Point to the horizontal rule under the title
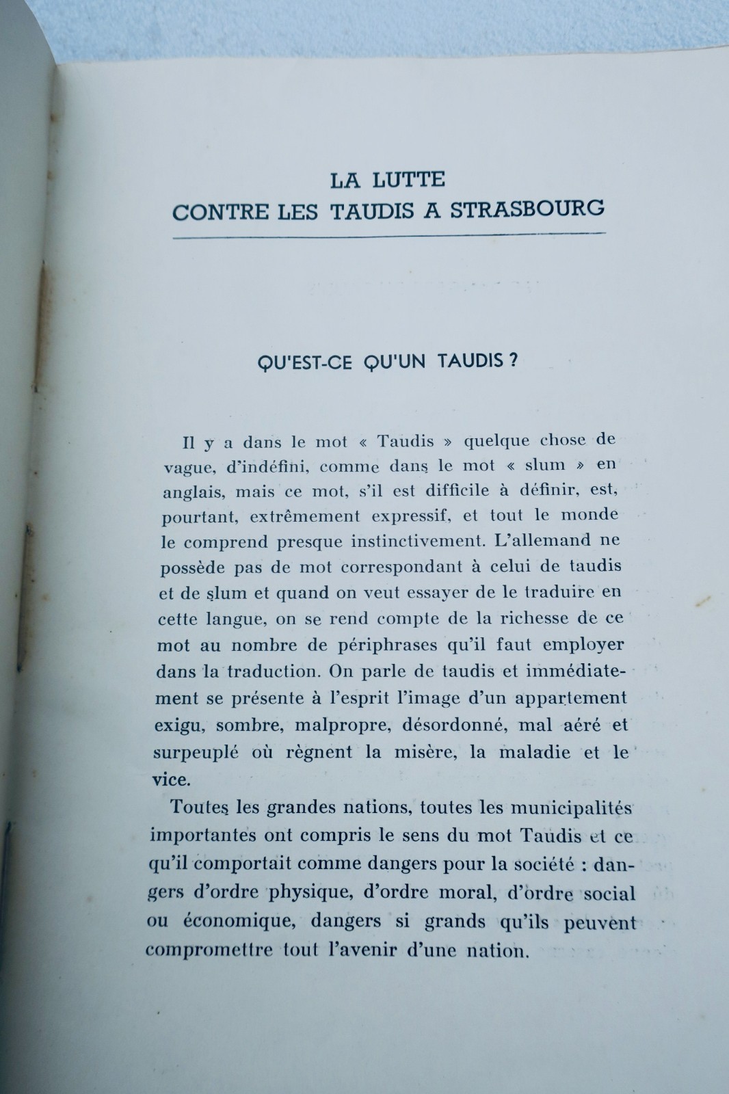tap(390, 235)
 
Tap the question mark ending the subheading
tap(513, 360)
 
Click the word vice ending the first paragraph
tap(167, 779)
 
